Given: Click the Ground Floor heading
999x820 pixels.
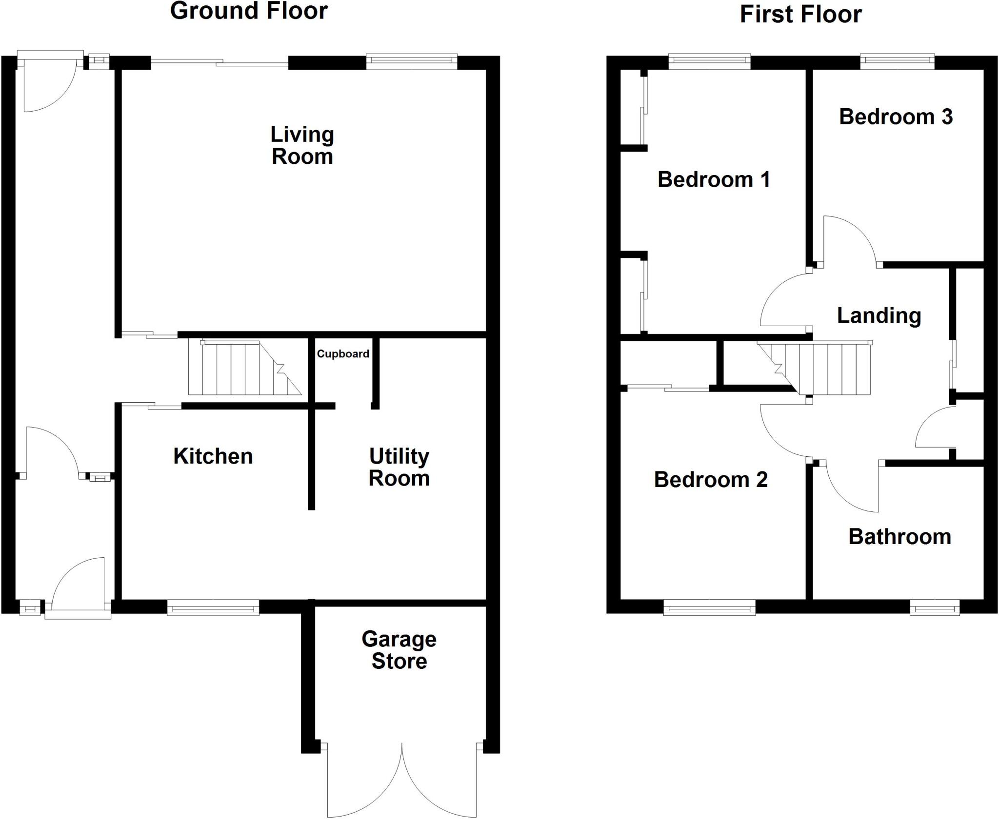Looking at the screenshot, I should [x=249, y=11].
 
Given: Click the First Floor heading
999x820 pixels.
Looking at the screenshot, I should [x=800, y=14].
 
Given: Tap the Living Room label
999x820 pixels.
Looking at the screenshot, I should [x=302, y=145].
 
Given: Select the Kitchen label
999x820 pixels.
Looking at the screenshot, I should [x=213, y=456].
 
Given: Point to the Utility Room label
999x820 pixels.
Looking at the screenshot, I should [x=399, y=467].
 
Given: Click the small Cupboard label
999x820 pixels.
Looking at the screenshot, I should [x=343, y=354].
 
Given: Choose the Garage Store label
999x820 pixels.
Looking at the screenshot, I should [x=399, y=650].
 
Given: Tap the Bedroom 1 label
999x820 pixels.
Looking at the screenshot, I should [x=714, y=179].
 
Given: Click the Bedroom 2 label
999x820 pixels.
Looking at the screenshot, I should [x=711, y=480].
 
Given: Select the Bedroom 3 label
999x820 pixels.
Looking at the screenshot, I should [x=896, y=117].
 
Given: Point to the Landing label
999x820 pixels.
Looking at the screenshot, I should [x=879, y=315].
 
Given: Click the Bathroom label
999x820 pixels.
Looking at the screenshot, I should [x=899, y=537].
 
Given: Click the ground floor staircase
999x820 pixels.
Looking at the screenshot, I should [x=244, y=369].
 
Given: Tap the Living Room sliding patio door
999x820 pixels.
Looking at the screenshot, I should [x=220, y=62].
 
